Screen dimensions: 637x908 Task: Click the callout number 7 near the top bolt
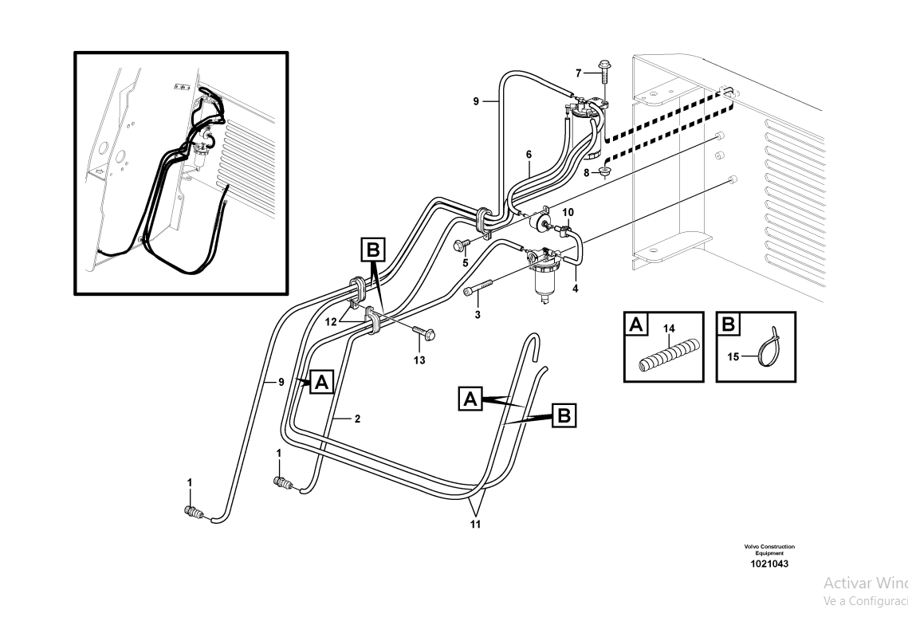pyautogui.click(x=580, y=73)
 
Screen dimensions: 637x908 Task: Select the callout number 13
pyautogui.click(x=419, y=360)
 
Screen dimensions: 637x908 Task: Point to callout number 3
pyautogui.click(x=478, y=315)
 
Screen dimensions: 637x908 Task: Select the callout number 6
pyautogui.click(x=528, y=153)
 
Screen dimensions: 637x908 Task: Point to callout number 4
pyautogui.click(x=575, y=288)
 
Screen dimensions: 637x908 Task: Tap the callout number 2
pyautogui.click(x=357, y=419)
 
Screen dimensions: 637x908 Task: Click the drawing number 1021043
pyautogui.click(x=769, y=564)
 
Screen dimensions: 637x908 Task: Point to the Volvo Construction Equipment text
pyautogui.click(x=769, y=549)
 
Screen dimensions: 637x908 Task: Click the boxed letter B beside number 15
pyautogui.click(x=728, y=324)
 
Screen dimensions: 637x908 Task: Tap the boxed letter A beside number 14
pyautogui.click(x=635, y=324)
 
